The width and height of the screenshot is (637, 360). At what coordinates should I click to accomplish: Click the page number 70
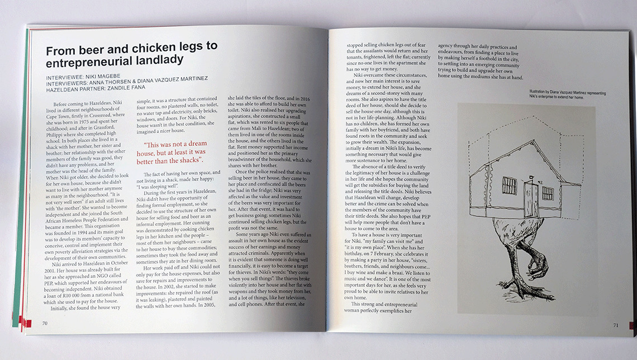[44, 323]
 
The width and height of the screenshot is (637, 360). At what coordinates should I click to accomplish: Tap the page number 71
[615, 324]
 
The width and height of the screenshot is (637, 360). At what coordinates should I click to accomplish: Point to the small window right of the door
[548, 193]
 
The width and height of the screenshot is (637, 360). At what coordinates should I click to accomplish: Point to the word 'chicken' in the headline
[146, 47]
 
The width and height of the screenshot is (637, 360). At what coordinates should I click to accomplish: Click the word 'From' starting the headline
[58, 47]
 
